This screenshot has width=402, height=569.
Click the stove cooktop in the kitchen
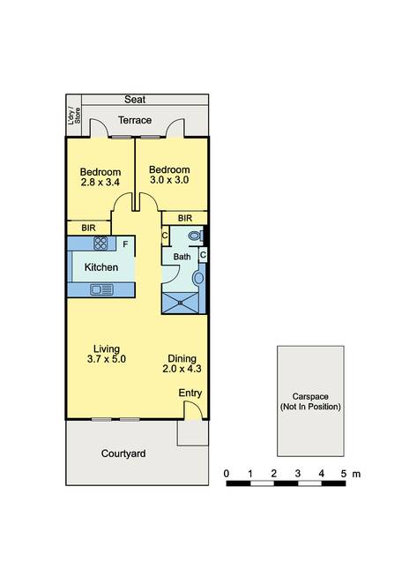[100, 243]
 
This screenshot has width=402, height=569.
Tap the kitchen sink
[101, 289]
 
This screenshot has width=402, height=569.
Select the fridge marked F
[125, 244]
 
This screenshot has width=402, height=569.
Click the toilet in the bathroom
[196, 236]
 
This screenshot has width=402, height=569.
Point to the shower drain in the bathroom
[180, 303]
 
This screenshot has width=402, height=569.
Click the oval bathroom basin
[198, 279]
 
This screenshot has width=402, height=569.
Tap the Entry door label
[190, 393]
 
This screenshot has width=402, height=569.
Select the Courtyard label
[123, 453]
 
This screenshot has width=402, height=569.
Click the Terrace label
[135, 120]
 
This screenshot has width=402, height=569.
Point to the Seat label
[135, 99]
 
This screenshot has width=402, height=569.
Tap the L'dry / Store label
[74, 116]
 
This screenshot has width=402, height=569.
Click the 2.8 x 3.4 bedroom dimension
[100, 182]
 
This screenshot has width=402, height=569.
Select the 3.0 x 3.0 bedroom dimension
[169, 180]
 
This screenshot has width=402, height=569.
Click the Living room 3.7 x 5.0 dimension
[107, 359]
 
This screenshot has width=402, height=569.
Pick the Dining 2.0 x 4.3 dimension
[182, 369]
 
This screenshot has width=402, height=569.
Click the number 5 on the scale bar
[344, 474]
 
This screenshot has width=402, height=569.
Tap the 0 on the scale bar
[227, 474]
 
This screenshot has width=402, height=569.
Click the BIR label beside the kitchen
[88, 228]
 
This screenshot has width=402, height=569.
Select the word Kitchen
[101, 267]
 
